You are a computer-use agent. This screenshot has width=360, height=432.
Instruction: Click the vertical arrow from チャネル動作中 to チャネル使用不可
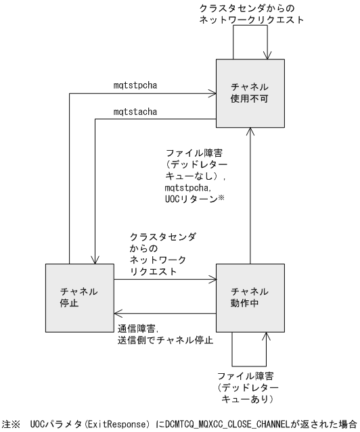click(x=250, y=196)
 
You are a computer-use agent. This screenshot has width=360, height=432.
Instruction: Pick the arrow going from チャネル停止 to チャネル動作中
click(x=166, y=277)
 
